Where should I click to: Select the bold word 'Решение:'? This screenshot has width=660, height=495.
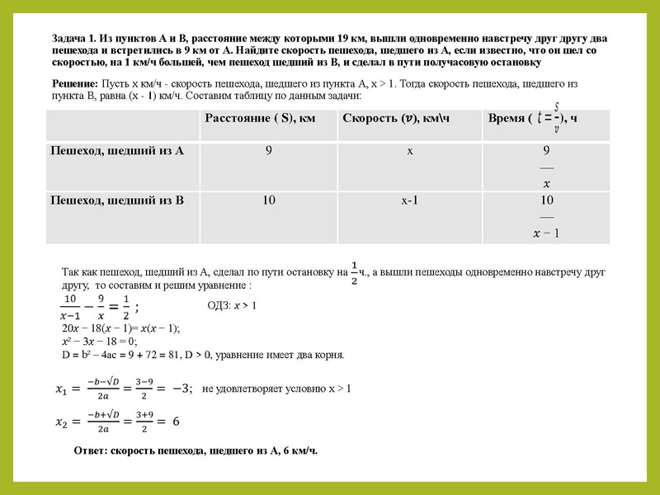click(75, 84)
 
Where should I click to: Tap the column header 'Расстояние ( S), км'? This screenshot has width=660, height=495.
click(261, 118)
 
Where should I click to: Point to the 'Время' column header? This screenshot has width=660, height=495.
click(510, 118)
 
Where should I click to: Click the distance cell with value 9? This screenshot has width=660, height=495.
click(268, 152)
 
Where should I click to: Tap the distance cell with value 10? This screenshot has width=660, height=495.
click(268, 200)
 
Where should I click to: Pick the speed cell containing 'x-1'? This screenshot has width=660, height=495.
click(410, 200)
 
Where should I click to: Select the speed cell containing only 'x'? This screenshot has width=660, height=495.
click(410, 152)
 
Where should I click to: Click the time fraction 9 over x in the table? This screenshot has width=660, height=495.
click(546, 167)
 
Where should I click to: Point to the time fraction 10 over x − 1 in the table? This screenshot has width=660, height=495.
click(546, 217)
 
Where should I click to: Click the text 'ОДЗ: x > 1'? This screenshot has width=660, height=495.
click(233, 306)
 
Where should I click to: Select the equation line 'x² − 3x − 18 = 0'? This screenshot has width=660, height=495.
click(100, 341)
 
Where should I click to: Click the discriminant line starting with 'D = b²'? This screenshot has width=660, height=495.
click(202, 355)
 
